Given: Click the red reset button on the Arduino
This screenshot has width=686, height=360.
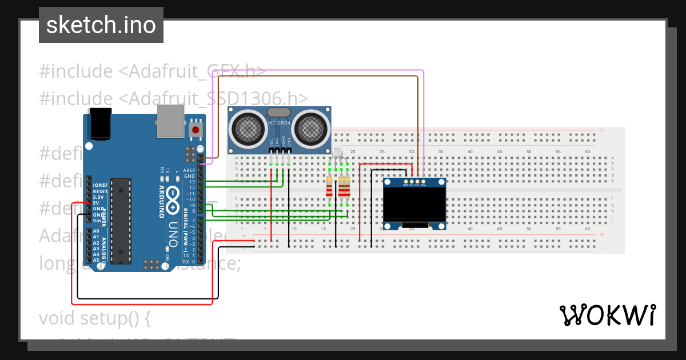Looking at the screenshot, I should [x=196, y=130].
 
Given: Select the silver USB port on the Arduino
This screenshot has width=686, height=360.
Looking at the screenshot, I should [x=170, y=121].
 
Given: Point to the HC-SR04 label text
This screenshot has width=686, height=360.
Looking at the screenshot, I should [x=280, y=123].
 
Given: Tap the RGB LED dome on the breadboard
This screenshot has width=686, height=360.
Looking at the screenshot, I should [x=337, y=152].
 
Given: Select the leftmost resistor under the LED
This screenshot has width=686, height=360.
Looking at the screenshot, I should [x=329, y=186].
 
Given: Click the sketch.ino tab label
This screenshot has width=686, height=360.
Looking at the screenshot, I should [x=101, y=25].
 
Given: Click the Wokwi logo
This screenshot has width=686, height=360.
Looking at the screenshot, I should [x=607, y=315].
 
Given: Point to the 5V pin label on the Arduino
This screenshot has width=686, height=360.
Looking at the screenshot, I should [x=96, y=202].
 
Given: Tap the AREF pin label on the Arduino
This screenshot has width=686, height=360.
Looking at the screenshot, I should [x=189, y=170].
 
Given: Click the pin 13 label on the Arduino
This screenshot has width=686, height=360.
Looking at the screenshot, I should [x=192, y=182].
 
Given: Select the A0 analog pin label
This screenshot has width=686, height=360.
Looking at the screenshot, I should [x=95, y=231].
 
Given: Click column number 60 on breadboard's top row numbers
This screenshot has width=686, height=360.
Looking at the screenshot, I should [x=588, y=151].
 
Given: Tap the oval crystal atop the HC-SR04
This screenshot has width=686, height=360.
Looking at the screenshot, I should [x=279, y=113].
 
